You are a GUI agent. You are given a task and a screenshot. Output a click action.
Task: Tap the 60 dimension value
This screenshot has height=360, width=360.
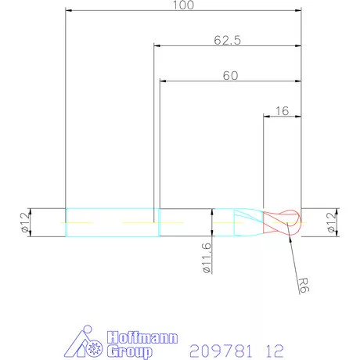pos(230,75)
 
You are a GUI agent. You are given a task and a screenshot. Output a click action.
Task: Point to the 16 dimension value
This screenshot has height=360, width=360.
pos(283,112)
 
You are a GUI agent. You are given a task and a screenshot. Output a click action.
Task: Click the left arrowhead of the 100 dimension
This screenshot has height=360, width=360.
pos(69,11)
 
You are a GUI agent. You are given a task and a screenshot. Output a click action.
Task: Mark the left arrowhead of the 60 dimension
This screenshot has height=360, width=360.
pos(163,81)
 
